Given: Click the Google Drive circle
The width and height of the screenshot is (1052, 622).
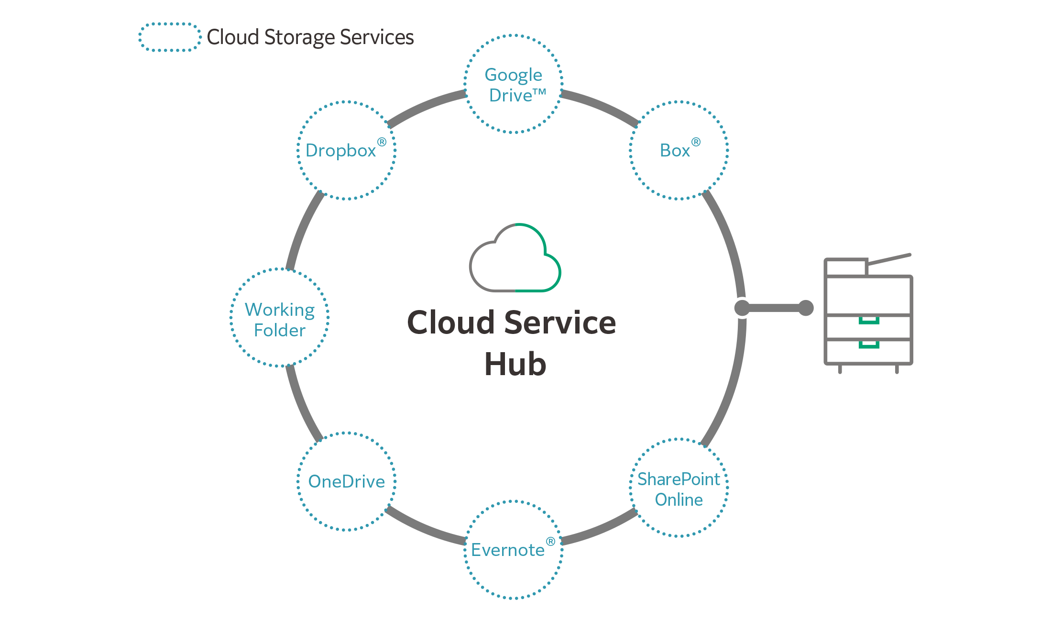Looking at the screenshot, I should [513, 84].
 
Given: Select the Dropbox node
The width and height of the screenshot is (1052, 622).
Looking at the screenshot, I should [347, 150].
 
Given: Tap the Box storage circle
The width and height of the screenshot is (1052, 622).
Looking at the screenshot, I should [679, 150].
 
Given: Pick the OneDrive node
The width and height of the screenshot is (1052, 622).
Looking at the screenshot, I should [347, 481].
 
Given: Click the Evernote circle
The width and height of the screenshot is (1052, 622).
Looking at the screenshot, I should [513, 549].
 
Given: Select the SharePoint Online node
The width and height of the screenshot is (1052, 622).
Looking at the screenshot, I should [679, 488].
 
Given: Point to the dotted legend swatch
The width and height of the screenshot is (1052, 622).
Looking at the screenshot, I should [170, 37].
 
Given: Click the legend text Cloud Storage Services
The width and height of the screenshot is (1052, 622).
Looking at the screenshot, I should [310, 37].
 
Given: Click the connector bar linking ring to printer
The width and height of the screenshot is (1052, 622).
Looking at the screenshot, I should [774, 308].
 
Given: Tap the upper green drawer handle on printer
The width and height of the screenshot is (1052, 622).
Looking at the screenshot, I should [869, 321].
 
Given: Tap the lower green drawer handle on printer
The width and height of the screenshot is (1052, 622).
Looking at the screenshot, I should [869, 345].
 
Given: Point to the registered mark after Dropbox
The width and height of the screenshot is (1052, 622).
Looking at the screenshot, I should [382, 142].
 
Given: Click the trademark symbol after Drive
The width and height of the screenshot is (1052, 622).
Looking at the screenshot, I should [539, 92].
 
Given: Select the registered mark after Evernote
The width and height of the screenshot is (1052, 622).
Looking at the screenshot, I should [550, 541].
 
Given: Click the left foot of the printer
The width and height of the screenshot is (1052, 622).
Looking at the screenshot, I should [840, 369].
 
